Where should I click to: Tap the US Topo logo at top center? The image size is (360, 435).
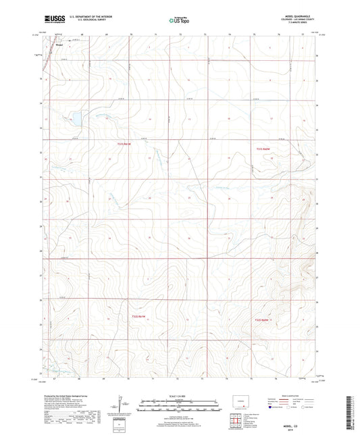(179, 21)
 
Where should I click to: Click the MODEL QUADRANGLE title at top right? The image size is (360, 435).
(300, 16)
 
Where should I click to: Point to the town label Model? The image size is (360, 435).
(59, 47)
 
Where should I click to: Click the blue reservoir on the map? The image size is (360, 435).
(76, 120)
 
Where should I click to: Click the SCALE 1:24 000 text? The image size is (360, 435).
(180, 396)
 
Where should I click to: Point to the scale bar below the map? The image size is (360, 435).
(180, 406)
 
